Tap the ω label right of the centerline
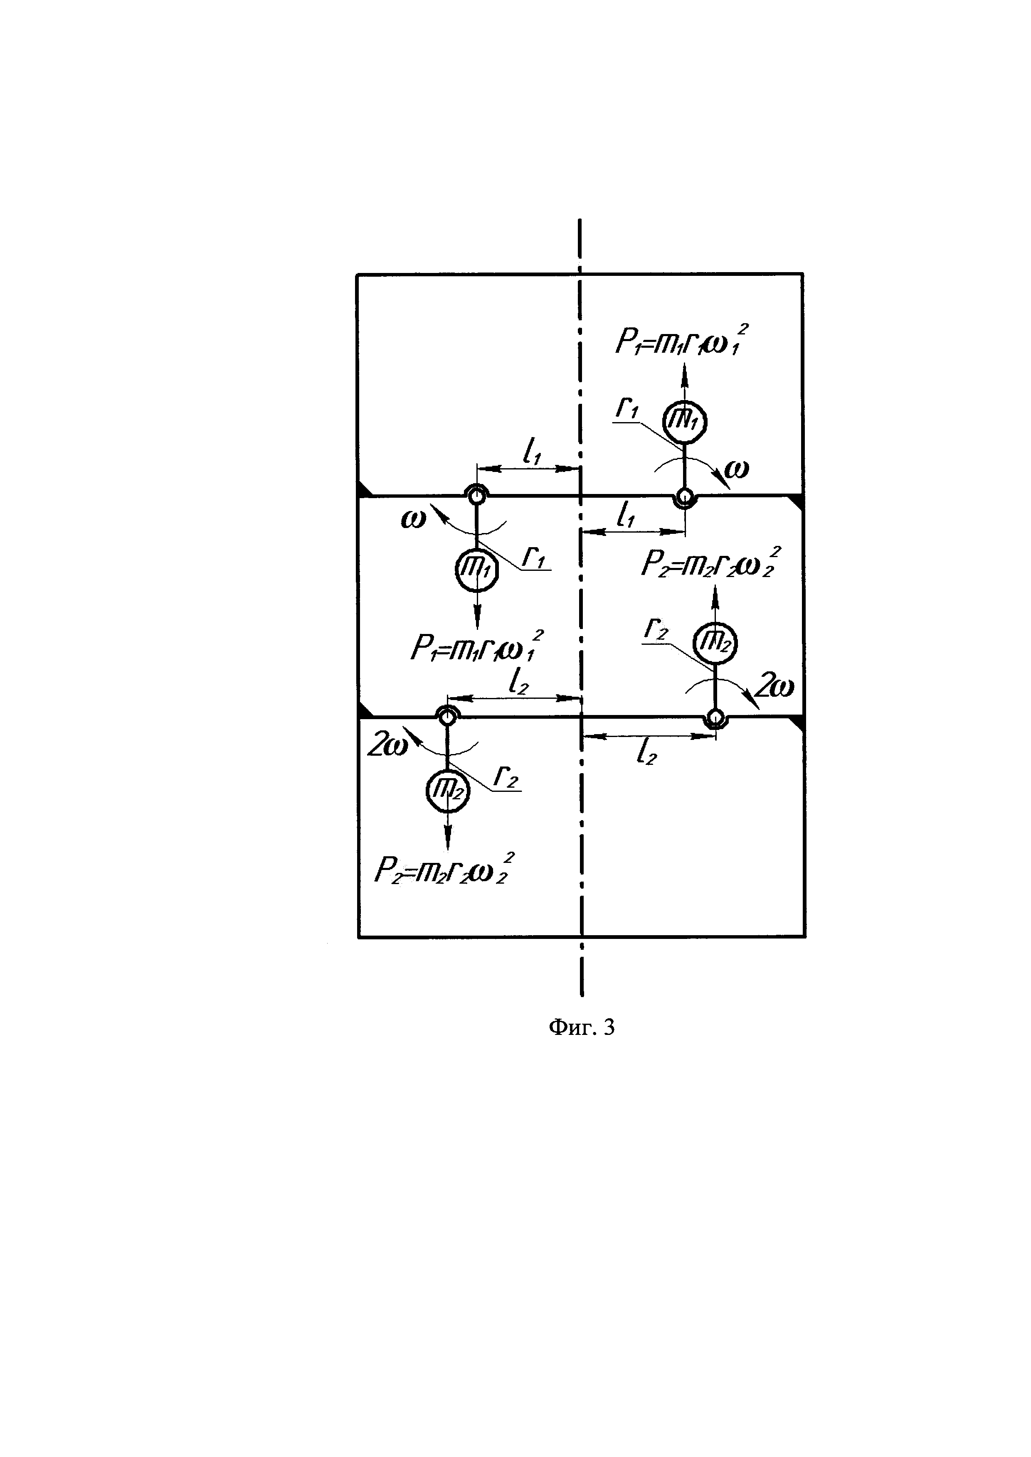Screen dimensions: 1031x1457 coord(736,469)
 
